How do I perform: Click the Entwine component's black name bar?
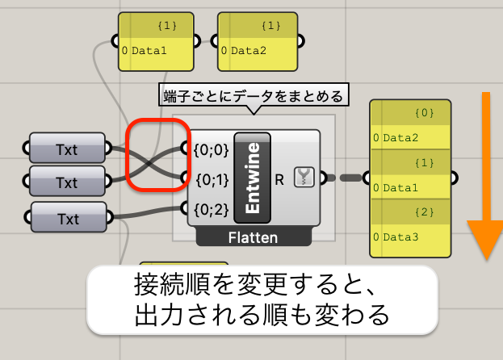point(253,178)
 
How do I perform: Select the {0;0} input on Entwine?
point(211,149)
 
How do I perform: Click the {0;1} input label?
point(212,180)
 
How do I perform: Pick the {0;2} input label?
point(211,210)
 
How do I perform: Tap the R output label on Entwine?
point(279,180)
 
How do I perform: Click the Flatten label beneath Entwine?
point(253,238)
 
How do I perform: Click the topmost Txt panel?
point(67,148)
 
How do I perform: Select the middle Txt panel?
point(67,181)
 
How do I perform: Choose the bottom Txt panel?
point(69,217)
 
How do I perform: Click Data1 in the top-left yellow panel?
point(149,51)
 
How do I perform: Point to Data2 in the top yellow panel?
point(249,51)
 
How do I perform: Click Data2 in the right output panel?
point(400,138)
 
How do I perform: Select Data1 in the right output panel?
point(400,187)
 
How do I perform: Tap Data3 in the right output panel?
point(400,237)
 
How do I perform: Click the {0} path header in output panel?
point(425,113)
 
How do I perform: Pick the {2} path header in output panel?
point(425,212)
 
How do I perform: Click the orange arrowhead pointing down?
point(486,240)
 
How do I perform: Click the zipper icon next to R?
point(304,177)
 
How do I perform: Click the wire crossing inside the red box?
point(149,164)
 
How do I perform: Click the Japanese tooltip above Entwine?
point(254,96)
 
